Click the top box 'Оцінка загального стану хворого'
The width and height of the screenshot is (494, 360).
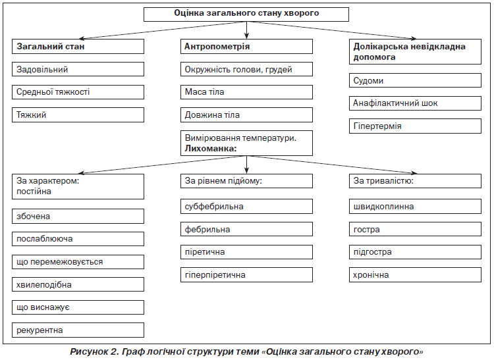pyautogui.click(x=246, y=14)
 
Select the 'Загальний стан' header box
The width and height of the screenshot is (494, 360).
pyautogui.click(x=78, y=46)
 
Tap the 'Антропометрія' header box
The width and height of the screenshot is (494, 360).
pyautogui.click(x=246, y=46)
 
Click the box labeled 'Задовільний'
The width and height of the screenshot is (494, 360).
pyautogui.click(x=78, y=69)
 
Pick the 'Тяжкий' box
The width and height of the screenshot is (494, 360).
pyautogui.click(x=78, y=115)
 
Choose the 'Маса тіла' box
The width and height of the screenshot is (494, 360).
pyautogui.click(x=246, y=92)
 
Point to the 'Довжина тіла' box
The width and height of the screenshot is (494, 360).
pyautogui.click(x=246, y=115)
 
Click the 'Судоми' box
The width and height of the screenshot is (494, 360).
pyautogui.click(x=415, y=80)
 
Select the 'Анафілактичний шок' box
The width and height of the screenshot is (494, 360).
pyautogui.click(x=415, y=103)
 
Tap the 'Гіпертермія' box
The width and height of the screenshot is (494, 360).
pyautogui.click(x=415, y=126)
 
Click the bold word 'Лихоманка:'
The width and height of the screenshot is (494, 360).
pyautogui.click(x=211, y=148)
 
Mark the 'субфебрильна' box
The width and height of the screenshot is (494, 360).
pyautogui.click(x=246, y=207)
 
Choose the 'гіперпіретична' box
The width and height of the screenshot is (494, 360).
pyautogui.click(x=246, y=274)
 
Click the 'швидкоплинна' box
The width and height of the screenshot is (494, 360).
pyautogui.click(x=415, y=207)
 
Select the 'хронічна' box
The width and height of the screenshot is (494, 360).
pyautogui.click(x=415, y=274)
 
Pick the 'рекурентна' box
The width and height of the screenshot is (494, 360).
pyautogui.click(x=78, y=330)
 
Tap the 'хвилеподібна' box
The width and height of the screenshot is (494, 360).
pyautogui.click(x=78, y=284)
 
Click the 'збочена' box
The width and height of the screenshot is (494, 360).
pyautogui.click(x=78, y=216)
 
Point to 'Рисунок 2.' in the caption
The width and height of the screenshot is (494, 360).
pyautogui.click(x=94, y=352)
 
